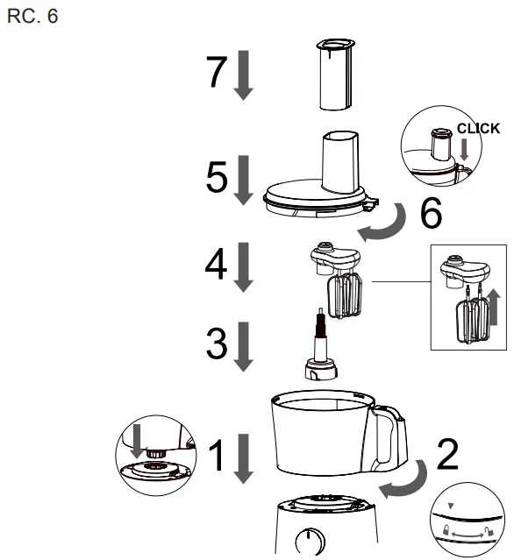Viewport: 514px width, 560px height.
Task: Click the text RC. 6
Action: pyautogui.click(x=32, y=17)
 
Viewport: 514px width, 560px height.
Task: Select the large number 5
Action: pyautogui.click(x=216, y=179)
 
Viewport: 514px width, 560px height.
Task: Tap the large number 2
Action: pyautogui.click(x=447, y=453)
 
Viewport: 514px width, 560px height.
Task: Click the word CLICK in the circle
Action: pyautogui.click(x=478, y=129)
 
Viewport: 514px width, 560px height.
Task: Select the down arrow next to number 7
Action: pyautogui.click(x=245, y=77)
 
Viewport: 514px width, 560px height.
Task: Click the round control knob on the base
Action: pyautogui.click(x=310, y=542)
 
